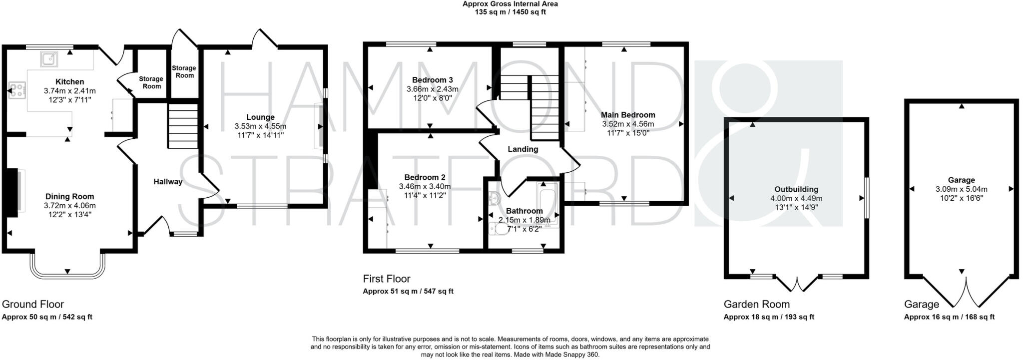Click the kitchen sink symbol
coord(49,59)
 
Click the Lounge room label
coord(260,117)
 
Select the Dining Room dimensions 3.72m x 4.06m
coord(69,206)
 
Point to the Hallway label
coord(168,182)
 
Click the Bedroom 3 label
coord(432,80)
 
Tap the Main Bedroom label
coord(628,115)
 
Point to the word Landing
coord(522,149)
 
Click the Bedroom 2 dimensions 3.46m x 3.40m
coord(425,186)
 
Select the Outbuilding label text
coord(796,189)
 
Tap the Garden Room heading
coord(756,304)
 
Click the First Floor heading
coord(386,279)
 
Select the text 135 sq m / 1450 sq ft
coord(510,12)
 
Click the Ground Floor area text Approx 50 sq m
coord(47,317)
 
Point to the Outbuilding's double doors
coord(797,285)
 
